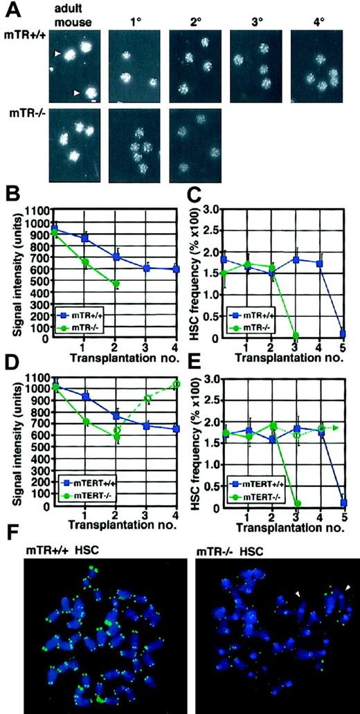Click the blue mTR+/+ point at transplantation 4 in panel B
176,269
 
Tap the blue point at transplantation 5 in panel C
344,333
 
